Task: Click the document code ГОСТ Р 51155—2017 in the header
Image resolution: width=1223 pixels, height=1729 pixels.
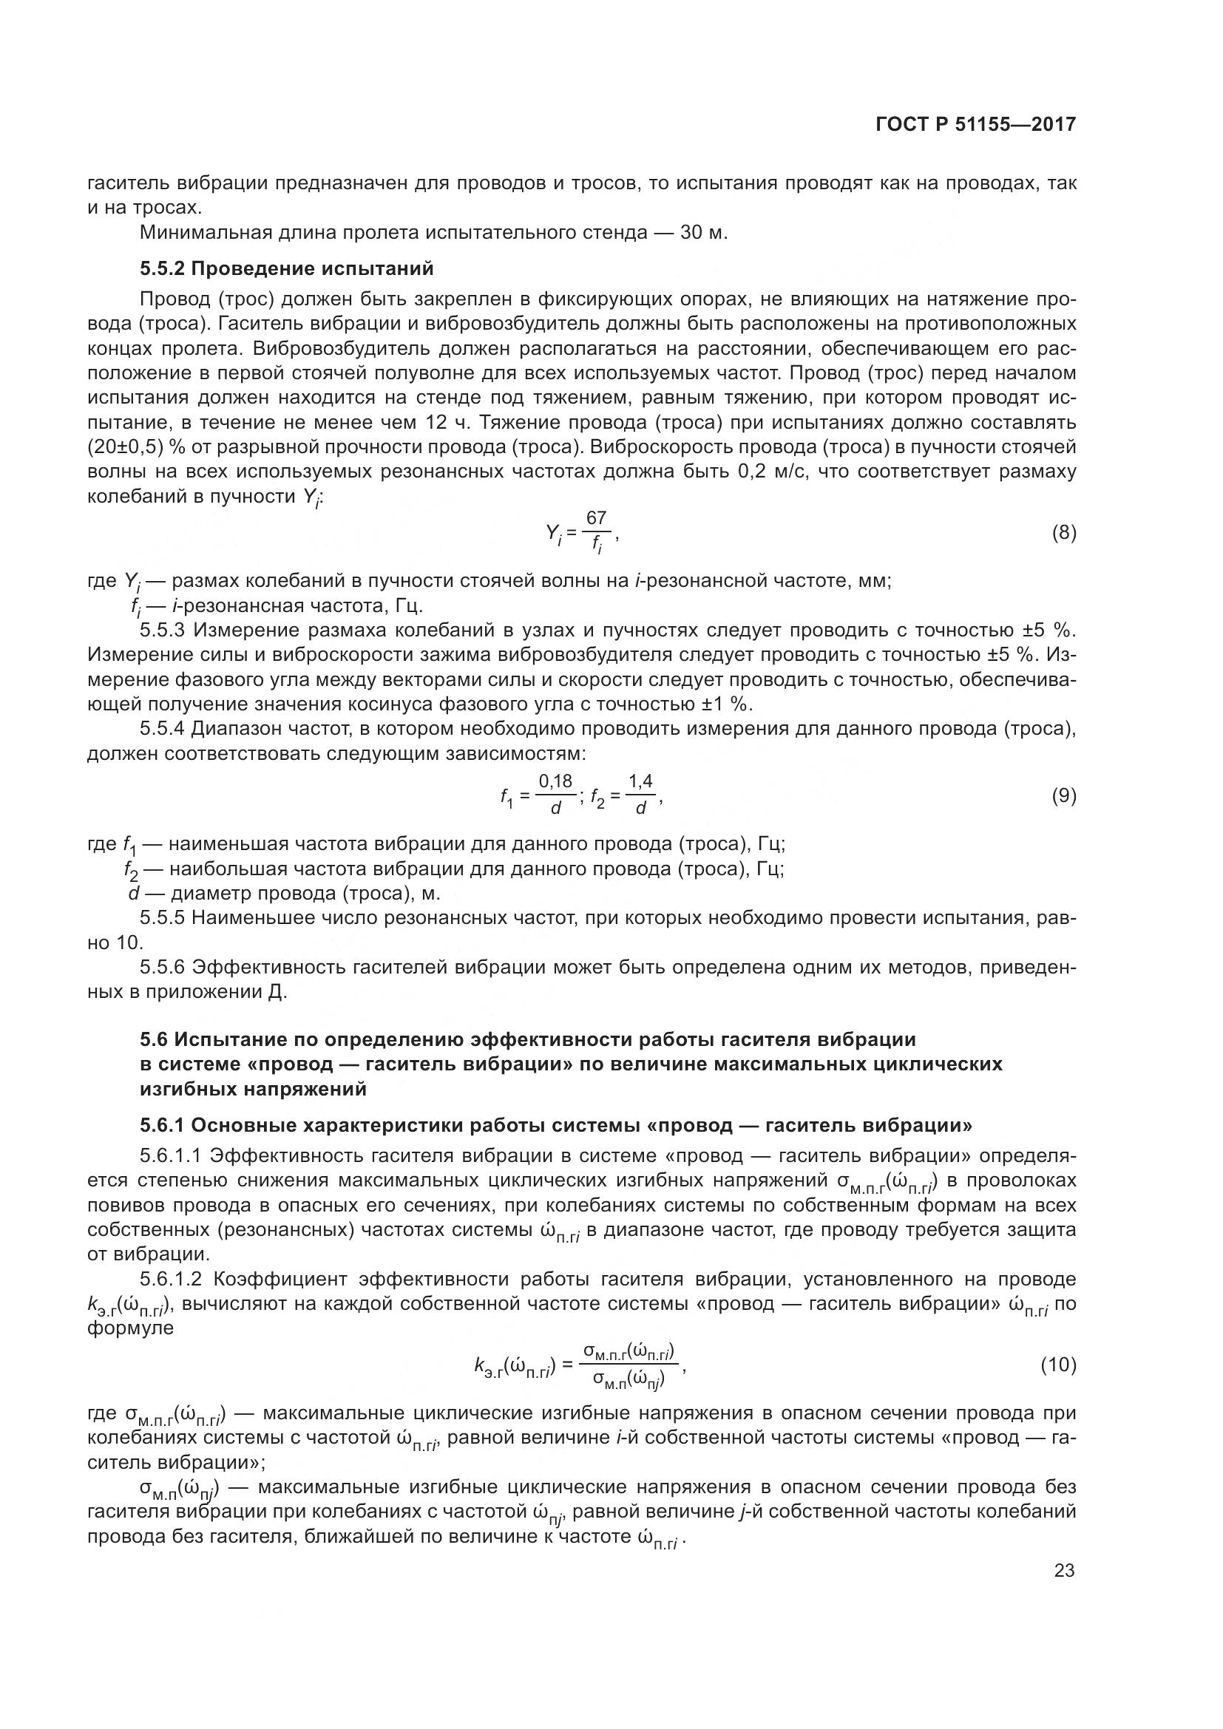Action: pos(975,125)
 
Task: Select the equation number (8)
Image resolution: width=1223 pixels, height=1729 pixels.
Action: pos(1063,533)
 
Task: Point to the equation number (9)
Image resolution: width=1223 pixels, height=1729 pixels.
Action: pos(1063,796)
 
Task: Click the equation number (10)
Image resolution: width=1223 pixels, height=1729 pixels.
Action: pos(1058,1365)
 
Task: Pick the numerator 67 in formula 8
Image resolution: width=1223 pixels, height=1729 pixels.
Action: pos(597,518)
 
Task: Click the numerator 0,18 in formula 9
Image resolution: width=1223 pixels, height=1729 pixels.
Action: pos(556,782)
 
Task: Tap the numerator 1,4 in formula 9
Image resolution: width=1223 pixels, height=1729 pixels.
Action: pos(640,782)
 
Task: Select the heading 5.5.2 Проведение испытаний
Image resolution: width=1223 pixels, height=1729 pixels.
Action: pos(287,268)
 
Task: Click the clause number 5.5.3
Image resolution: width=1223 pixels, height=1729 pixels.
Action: pos(162,631)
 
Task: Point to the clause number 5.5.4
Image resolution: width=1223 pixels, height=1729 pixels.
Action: pos(162,729)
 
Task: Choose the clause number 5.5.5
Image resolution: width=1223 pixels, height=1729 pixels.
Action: pos(162,918)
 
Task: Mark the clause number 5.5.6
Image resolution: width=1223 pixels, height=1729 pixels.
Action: pos(162,967)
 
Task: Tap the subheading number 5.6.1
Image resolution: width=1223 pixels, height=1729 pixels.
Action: pos(162,1126)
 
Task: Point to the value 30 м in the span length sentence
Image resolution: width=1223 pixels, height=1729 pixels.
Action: pos(702,232)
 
